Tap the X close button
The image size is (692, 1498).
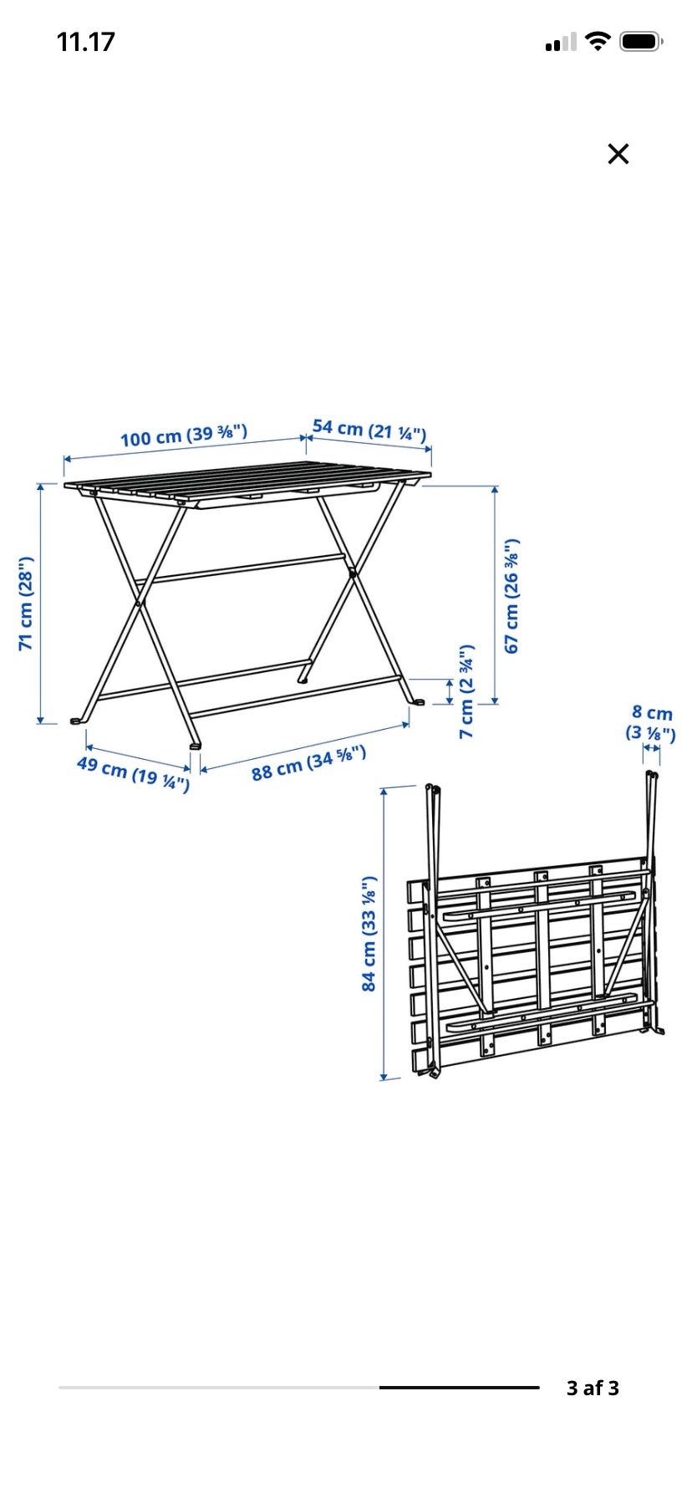pyautogui.click(x=618, y=154)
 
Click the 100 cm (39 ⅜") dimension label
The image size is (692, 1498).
pyautogui.click(x=184, y=435)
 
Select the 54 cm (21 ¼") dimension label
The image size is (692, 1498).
pyautogui.click(x=369, y=430)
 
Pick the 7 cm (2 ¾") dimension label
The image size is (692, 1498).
pyautogui.click(x=467, y=691)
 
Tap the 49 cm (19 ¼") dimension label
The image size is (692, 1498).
pyautogui.click(x=133, y=773)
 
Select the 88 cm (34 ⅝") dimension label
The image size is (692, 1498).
pyautogui.click(x=309, y=762)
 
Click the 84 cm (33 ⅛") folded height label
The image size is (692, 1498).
pyautogui.click(x=369, y=934)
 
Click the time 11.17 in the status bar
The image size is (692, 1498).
pyautogui.click(x=85, y=42)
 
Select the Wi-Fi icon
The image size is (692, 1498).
pyautogui.click(x=598, y=41)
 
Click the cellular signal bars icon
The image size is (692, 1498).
pyautogui.click(x=560, y=42)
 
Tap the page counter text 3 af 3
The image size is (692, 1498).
pyautogui.click(x=593, y=1388)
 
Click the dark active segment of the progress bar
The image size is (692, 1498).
pyautogui.click(x=459, y=1388)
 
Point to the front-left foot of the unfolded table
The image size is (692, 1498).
pyautogui.click(x=78, y=720)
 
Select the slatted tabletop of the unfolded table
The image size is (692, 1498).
pyautogui.click(x=247, y=485)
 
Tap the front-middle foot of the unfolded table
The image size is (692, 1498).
pyautogui.click(x=195, y=744)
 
